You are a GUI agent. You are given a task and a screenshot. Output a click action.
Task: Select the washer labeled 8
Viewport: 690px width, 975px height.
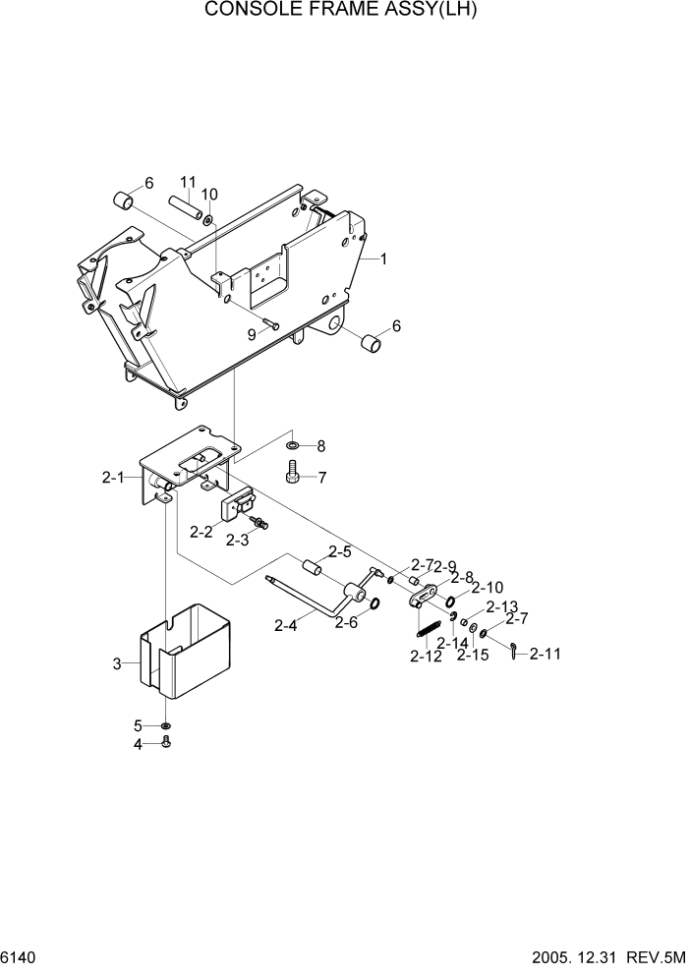pyautogui.click(x=294, y=447)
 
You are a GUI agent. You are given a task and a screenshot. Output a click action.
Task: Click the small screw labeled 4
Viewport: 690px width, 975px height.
pyautogui.click(x=166, y=744)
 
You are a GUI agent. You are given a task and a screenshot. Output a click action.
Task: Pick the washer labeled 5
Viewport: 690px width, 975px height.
pyautogui.click(x=166, y=727)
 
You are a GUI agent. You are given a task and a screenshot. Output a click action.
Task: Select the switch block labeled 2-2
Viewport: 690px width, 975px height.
pyautogui.click(x=237, y=506)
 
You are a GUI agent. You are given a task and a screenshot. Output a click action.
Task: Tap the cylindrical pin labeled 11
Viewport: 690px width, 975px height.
pyautogui.click(x=184, y=209)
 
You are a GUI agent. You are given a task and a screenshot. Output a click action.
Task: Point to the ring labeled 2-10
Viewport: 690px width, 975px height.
pyautogui.click(x=450, y=602)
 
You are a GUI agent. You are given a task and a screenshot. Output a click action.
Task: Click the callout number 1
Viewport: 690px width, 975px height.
pyautogui.click(x=383, y=259)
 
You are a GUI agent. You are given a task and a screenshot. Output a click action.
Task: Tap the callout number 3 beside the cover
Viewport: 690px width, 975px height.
pyautogui.click(x=117, y=663)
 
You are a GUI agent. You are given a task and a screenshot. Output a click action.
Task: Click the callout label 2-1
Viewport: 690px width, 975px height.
pyautogui.click(x=113, y=479)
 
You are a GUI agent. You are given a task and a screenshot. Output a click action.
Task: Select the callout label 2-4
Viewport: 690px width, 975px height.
pyautogui.click(x=286, y=624)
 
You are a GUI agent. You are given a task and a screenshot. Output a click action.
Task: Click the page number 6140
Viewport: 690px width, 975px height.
pyautogui.click(x=21, y=956)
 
